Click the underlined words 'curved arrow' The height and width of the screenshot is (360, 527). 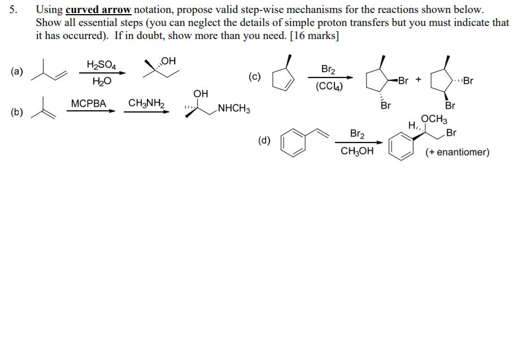click(x=98, y=10)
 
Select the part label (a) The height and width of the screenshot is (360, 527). click(x=17, y=72)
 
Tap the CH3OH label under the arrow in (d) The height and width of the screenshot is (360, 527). click(x=356, y=151)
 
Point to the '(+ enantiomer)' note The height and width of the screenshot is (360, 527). click(x=457, y=152)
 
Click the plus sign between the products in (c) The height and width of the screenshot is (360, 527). click(x=419, y=80)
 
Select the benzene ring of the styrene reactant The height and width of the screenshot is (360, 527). click(x=291, y=144)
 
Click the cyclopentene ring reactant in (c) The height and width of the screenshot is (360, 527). click(x=282, y=80)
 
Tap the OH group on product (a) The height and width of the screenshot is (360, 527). click(x=168, y=61)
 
